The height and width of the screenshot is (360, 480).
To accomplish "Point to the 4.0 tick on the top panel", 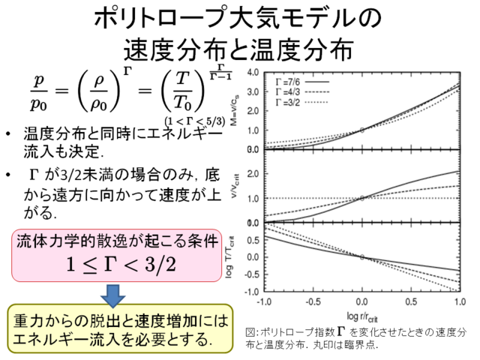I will tap(253, 74).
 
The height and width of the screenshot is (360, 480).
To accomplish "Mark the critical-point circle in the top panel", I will tap(361, 130).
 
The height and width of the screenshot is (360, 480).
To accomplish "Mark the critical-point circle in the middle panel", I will tap(361, 198).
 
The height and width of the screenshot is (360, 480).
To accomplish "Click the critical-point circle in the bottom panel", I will tap(361, 256).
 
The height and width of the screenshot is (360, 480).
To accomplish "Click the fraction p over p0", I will tap(37, 89).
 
